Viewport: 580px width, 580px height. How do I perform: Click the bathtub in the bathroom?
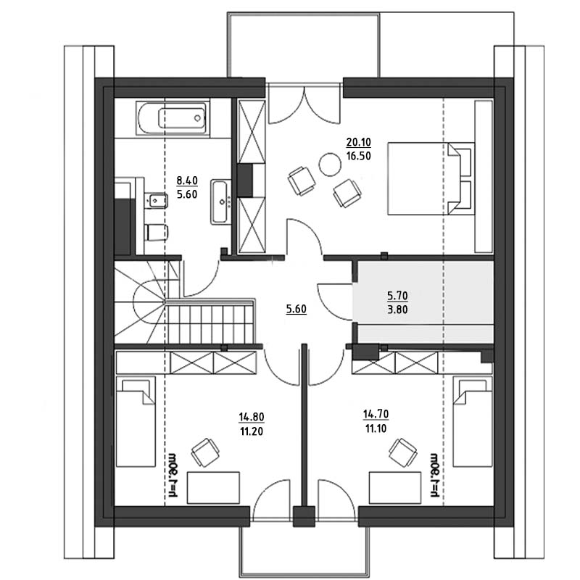pyautogui.click(x=173, y=118)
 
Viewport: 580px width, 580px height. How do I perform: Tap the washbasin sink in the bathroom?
pyautogui.click(x=221, y=202)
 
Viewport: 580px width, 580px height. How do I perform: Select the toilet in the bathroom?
pyautogui.click(x=157, y=232)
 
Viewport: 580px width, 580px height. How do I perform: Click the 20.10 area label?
pyautogui.click(x=358, y=141)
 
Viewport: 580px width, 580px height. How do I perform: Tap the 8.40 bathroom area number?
pyautogui.click(x=187, y=181)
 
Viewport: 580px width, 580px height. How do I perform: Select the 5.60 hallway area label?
pyautogui.click(x=297, y=309)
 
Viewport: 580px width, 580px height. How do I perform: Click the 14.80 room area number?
pyautogui.click(x=252, y=417)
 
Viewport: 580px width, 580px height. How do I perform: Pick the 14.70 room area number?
pyautogui.click(x=376, y=414)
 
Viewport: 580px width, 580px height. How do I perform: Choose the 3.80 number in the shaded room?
pyautogui.click(x=397, y=310)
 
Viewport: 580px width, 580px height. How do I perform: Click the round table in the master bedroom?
pyautogui.click(x=330, y=165)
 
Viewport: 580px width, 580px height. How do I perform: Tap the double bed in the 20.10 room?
pyautogui.click(x=431, y=178)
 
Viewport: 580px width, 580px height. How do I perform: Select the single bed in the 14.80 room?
pyautogui.click(x=136, y=422)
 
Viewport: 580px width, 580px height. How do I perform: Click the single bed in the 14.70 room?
pyautogui.click(x=473, y=422)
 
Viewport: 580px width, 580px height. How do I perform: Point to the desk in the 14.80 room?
pyautogui.click(x=213, y=487)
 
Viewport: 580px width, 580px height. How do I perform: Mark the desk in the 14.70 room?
pyautogui.click(x=395, y=487)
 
